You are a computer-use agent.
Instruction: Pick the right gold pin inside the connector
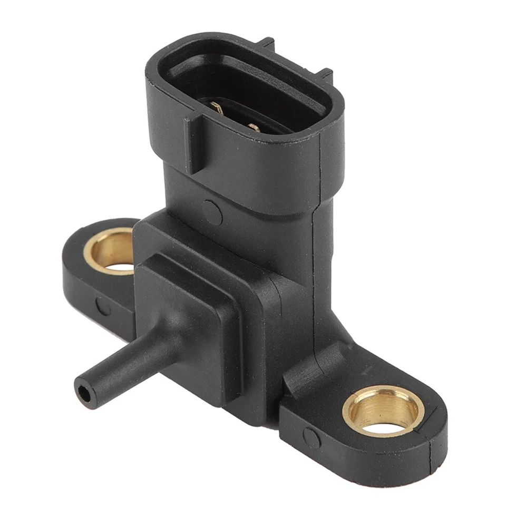254,127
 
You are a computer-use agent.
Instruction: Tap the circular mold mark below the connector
212,211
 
